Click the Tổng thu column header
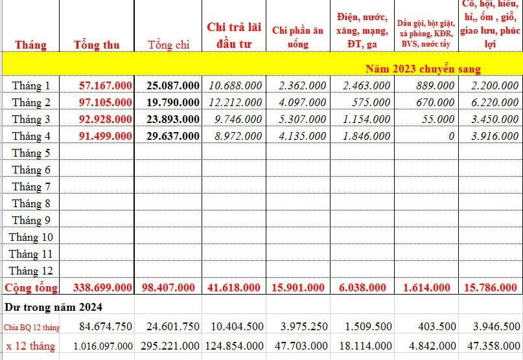(x=97, y=45)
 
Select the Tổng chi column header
(x=169, y=45)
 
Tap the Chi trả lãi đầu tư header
(x=234, y=36)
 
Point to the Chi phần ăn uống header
(x=298, y=37)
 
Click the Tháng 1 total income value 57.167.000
(x=106, y=85)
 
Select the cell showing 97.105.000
(x=106, y=102)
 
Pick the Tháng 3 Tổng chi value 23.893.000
(x=173, y=119)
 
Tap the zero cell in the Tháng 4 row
(x=451, y=136)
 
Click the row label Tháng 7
(x=31, y=186)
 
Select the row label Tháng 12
(x=30, y=271)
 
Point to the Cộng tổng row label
(x=31, y=287)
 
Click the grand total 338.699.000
(x=103, y=287)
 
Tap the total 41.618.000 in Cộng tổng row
(x=233, y=287)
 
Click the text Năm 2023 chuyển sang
(x=423, y=69)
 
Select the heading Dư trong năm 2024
(x=53, y=307)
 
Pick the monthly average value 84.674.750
(x=106, y=326)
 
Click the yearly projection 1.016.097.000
(x=103, y=346)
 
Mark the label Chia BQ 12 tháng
(x=32, y=328)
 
